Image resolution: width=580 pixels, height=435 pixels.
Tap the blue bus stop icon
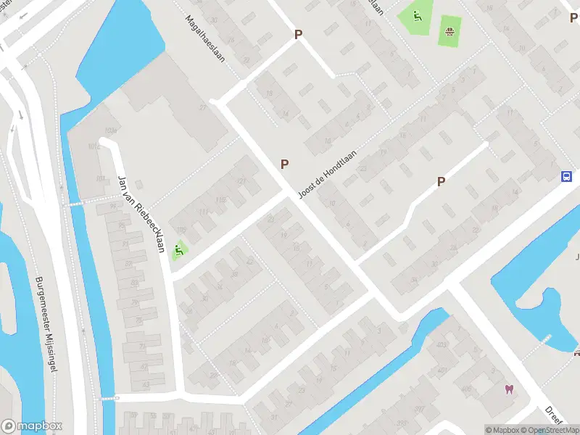pyautogui.click(x=566, y=176)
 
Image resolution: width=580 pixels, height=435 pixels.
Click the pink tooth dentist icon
pyautogui.click(x=509, y=389)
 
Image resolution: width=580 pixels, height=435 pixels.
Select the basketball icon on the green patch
pyautogui.click(x=449, y=30)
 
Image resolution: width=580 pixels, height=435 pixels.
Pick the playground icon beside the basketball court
pyautogui.click(x=416, y=16)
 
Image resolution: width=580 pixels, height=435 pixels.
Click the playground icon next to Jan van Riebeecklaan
pyautogui.click(x=178, y=252)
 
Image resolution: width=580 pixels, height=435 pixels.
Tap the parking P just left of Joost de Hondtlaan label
pyautogui.click(x=285, y=165)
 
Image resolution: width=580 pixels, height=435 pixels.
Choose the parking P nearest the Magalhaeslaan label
pyautogui.click(x=297, y=34)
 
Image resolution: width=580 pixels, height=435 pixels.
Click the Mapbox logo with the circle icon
pyautogui.click(x=31, y=426)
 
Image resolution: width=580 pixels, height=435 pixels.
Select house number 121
pyautogui.click(x=241, y=181)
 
